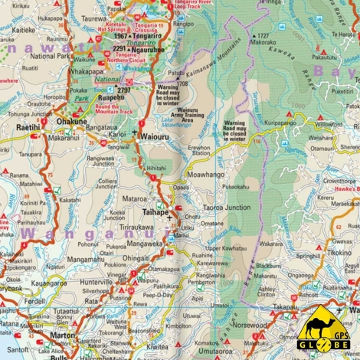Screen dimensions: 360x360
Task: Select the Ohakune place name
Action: tap(72, 120)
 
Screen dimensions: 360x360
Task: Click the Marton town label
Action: tap(62, 335)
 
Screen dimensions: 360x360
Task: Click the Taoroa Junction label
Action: tap(226, 208)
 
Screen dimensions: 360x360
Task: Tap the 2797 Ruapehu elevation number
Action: tap(123, 90)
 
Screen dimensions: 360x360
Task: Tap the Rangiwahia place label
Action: tap(211, 274)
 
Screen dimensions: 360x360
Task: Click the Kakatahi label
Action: tap(70, 200)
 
